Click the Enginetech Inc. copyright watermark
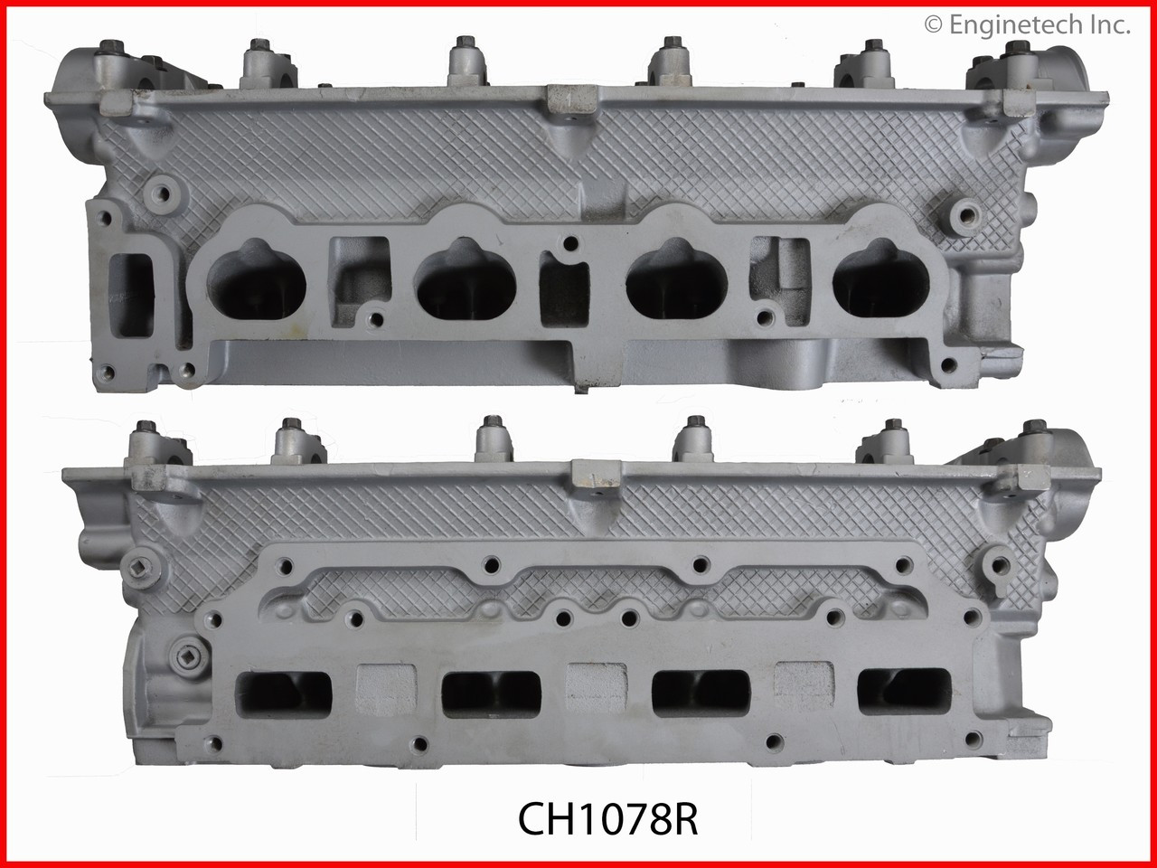(x=1028, y=25)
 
